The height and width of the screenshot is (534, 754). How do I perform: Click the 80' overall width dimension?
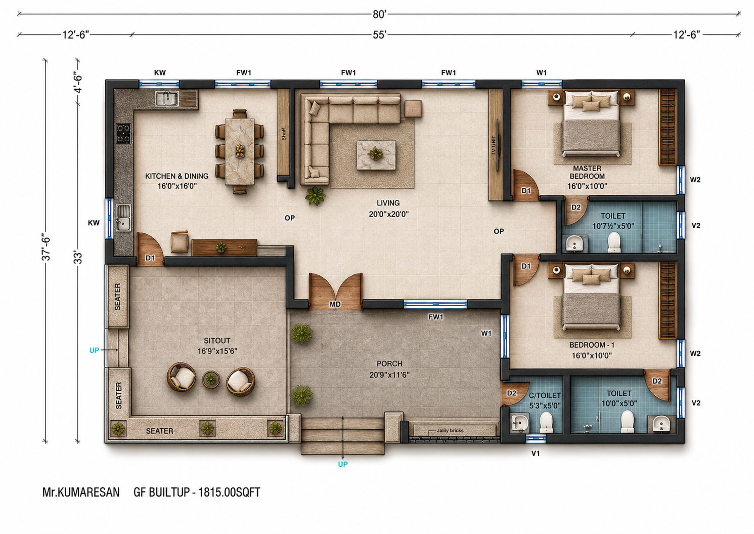tap(380, 15)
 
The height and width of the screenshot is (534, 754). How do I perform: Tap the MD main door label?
tap(335, 304)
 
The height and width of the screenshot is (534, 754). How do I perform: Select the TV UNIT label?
tap(494, 145)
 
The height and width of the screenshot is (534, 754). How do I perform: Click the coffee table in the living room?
tap(376, 155)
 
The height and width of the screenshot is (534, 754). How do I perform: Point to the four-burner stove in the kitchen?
tap(123, 134)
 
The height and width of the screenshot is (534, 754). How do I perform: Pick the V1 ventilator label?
tap(535, 454)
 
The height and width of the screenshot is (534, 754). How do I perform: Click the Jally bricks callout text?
tap(450, 430)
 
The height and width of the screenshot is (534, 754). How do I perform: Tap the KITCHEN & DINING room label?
tap(176, 176)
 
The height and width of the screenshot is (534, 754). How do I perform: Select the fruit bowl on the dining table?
tap(240, 151)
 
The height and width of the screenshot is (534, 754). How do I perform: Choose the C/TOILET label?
tap(545, 395)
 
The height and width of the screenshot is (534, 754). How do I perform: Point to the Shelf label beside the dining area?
tap(283, 134)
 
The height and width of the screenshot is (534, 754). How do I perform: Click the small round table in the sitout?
tap(211, 379)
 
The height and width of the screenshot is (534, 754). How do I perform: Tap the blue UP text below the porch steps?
tap(343, 464)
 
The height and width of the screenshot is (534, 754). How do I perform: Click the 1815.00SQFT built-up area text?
tap(229, 492)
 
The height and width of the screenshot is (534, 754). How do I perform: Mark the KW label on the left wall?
tap(94, 223)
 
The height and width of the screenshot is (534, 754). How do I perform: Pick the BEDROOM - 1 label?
tap(592, 345)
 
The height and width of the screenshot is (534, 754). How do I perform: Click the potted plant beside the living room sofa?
tap(315, 195)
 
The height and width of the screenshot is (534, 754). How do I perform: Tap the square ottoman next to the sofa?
tap(413, 109)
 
